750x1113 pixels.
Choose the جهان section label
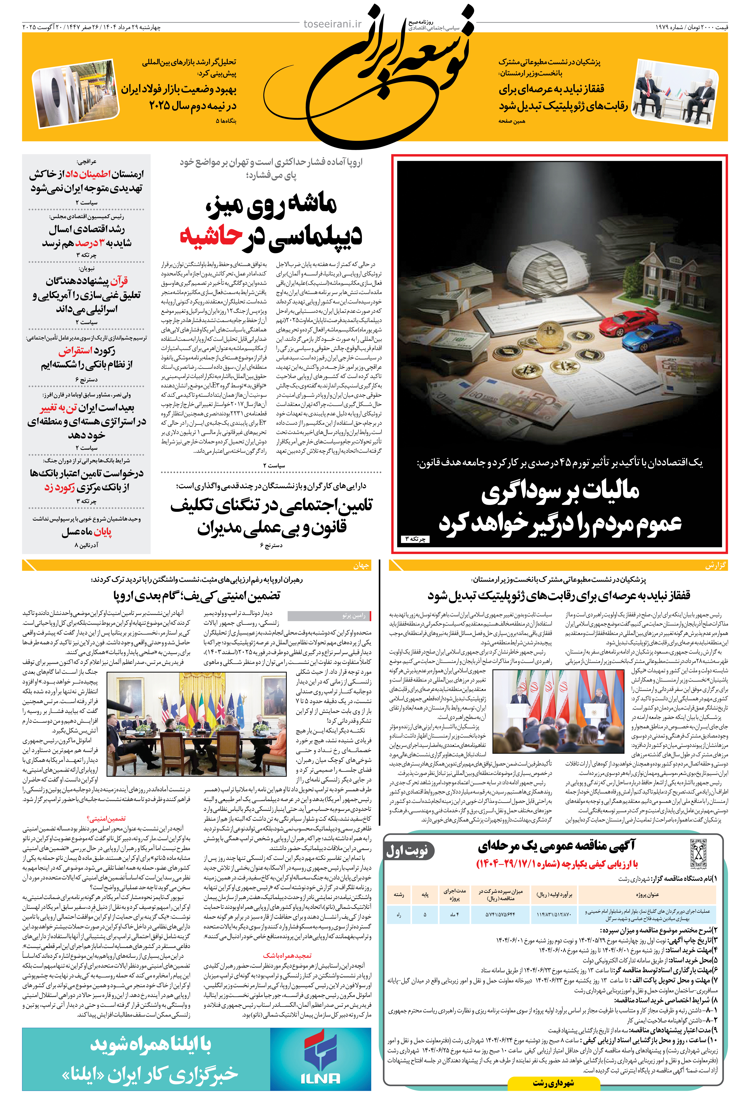(x=361, y=565)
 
